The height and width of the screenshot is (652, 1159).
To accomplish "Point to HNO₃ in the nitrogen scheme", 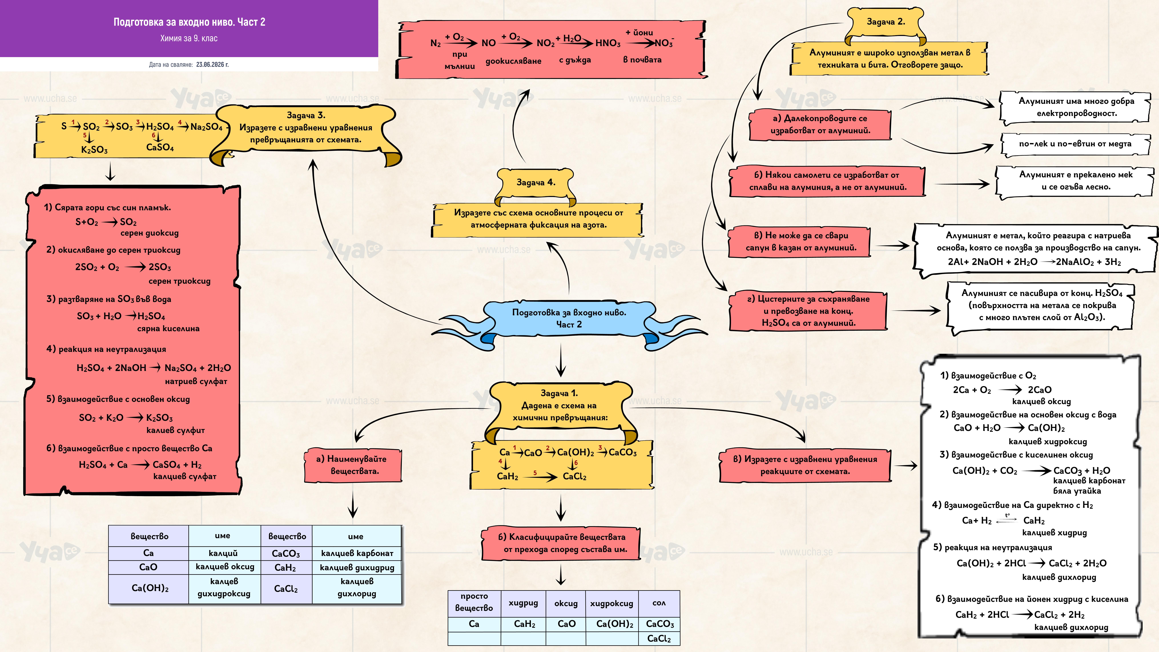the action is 608,43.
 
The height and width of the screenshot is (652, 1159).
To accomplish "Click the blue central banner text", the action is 569,318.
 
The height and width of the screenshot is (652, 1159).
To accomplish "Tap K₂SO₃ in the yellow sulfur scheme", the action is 94,150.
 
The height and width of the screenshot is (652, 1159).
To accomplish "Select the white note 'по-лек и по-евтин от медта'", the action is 1075,144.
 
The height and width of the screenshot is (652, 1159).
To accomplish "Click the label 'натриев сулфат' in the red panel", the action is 196,381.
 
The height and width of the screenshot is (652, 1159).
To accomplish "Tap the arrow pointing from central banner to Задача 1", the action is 561,360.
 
